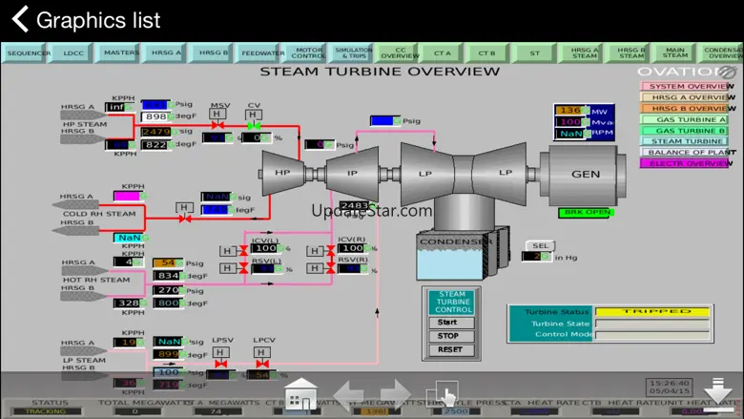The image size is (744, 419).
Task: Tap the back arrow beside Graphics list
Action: pos(19,19)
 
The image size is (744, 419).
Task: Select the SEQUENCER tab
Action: pos(29,53)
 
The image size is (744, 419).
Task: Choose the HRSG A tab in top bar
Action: pos(165,53)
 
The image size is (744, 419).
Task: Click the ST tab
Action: pos(535,53)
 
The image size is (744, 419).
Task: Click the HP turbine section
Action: pos(282,173)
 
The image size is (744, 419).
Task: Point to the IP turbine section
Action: pos(352,173)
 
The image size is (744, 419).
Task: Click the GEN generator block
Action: pos(586,175)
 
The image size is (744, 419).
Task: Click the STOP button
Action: pos(448,336)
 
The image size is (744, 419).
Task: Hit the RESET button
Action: pos(448,350)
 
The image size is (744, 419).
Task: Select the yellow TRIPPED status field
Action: pos(652,311)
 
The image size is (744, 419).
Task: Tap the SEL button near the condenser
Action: pos(537,245)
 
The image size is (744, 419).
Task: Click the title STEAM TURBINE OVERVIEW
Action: pos(380,72)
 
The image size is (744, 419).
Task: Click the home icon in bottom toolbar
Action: pos(301,393)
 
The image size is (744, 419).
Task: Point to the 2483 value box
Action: pos(354,205)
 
